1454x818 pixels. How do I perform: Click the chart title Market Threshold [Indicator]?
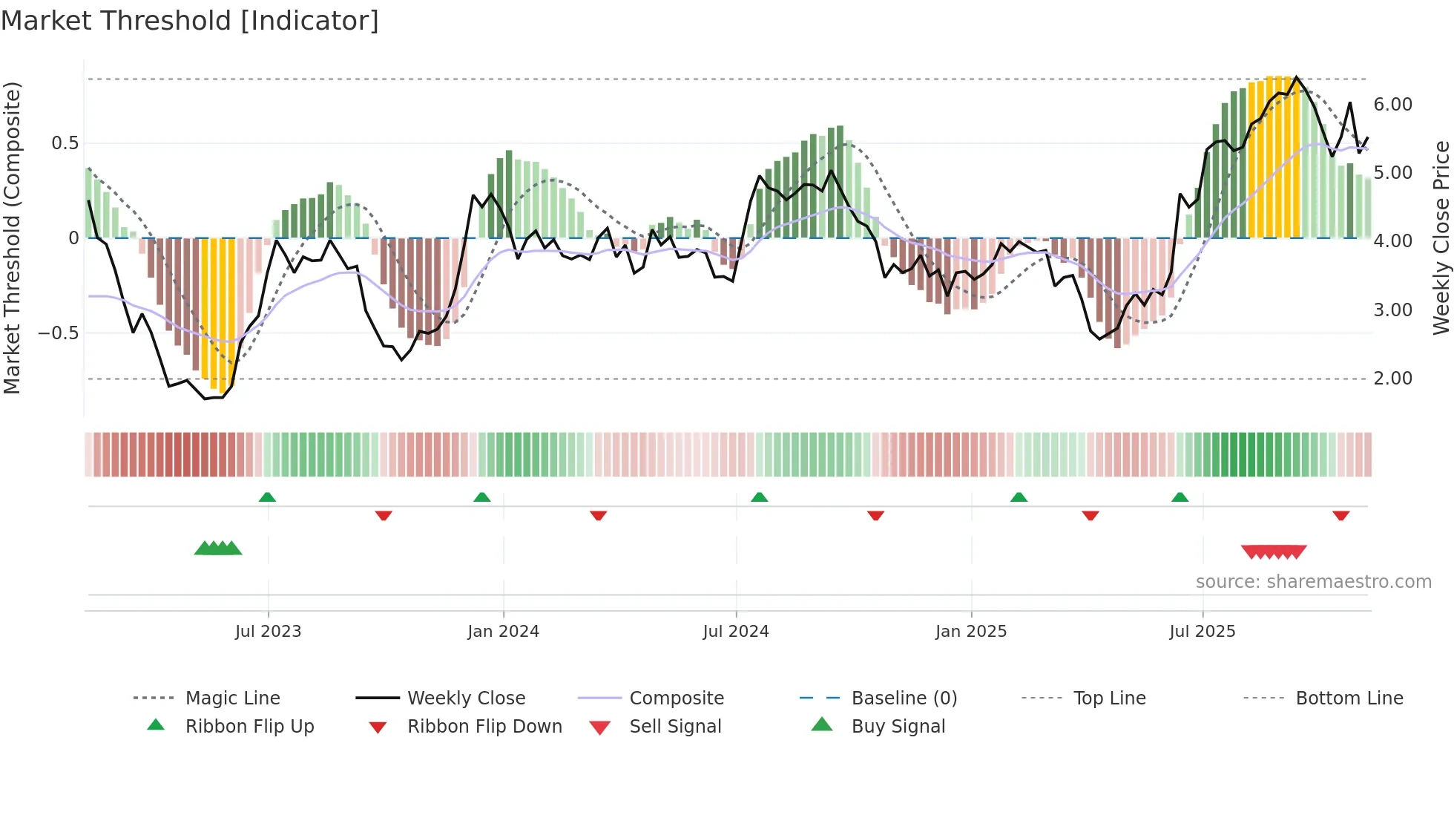pos(190,21)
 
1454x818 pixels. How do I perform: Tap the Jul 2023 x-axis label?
pos(268,632)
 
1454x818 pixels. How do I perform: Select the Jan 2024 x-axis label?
pos(503,632)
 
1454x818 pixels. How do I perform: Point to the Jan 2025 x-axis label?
pos(971,632)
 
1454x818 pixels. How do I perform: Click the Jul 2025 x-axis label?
pos(1203,632)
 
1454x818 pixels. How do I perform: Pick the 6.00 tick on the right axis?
pos(1392,105)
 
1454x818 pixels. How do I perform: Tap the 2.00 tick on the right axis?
pos(1392,379)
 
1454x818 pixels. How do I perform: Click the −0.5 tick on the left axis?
pos(59,333)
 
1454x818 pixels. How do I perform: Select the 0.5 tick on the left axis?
pos(65,143)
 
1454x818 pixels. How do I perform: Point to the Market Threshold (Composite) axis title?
pos(12,238)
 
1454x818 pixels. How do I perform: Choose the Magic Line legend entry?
pos(232,698)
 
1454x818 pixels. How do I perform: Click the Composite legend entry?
pos(676,698)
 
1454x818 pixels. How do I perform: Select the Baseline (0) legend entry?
pos(904,698)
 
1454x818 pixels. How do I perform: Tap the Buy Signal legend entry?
pos(898,727)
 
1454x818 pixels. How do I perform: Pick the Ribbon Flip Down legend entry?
pos(484,727)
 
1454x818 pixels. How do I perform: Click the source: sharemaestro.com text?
pos(1313,582)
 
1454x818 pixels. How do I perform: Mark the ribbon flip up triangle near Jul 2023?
pos(267,497)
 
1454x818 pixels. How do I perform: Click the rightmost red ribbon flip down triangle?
pos(1340,516)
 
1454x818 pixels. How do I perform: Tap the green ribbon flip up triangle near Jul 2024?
pos(759,497)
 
